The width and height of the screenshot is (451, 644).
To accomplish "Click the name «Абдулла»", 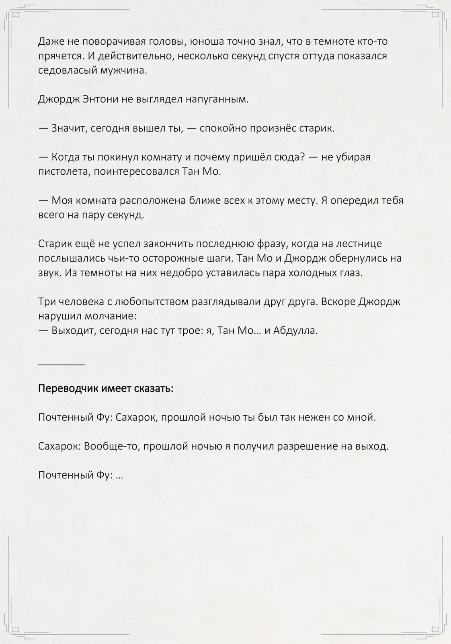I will point(295,331).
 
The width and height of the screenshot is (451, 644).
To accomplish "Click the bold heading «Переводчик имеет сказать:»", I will point(106,389).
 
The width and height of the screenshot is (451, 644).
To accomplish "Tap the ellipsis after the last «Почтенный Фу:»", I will point(119,475).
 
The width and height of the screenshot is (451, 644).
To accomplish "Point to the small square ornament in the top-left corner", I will point(16,15).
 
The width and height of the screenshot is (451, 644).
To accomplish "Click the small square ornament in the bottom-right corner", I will point(434,629).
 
